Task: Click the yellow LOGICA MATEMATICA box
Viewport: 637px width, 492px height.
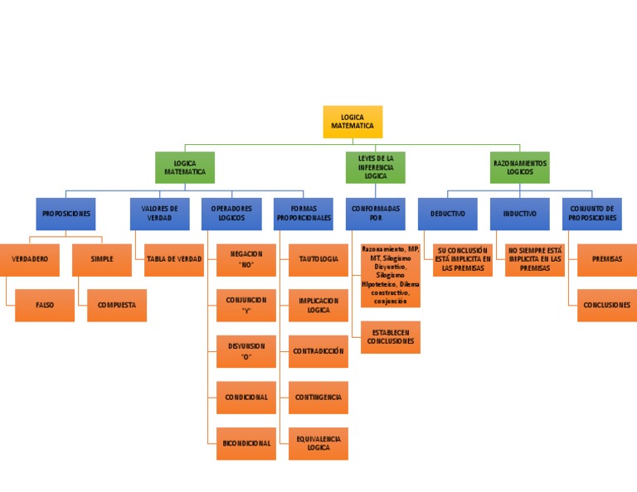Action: coord(353,122)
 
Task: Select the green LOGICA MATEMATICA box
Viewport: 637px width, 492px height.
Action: coord(185,166)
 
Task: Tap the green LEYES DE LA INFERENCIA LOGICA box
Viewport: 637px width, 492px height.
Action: coord(376,166)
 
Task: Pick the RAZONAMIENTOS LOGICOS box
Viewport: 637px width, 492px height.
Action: coord(519,166)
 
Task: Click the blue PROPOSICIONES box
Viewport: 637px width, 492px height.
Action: coord(66,214)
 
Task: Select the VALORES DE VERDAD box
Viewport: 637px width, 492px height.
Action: coord(159,214)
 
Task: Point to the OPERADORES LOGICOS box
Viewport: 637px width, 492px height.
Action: coord(231,214)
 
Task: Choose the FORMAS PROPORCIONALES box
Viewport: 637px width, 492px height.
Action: coord(304,214)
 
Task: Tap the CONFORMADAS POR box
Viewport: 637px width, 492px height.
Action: coord(376,214)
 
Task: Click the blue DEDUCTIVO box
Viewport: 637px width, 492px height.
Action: coord(448,214)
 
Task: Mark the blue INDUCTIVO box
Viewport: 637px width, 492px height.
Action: coord(519,214)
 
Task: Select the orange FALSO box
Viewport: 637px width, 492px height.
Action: coord(45,305)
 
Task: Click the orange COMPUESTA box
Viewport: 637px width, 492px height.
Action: coord(117,305)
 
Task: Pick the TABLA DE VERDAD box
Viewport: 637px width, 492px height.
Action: coord(174,259)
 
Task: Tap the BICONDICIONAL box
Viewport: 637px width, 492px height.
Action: coord(246,443)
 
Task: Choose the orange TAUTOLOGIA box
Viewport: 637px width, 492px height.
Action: coord(318,259)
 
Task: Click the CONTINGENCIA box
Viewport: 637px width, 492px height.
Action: coord(318,398)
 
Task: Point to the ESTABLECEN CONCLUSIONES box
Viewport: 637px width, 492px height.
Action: coord(391,336)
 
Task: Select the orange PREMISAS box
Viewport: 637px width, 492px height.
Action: coord(606,259)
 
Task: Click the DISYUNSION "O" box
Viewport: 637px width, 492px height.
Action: coord(246,351)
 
